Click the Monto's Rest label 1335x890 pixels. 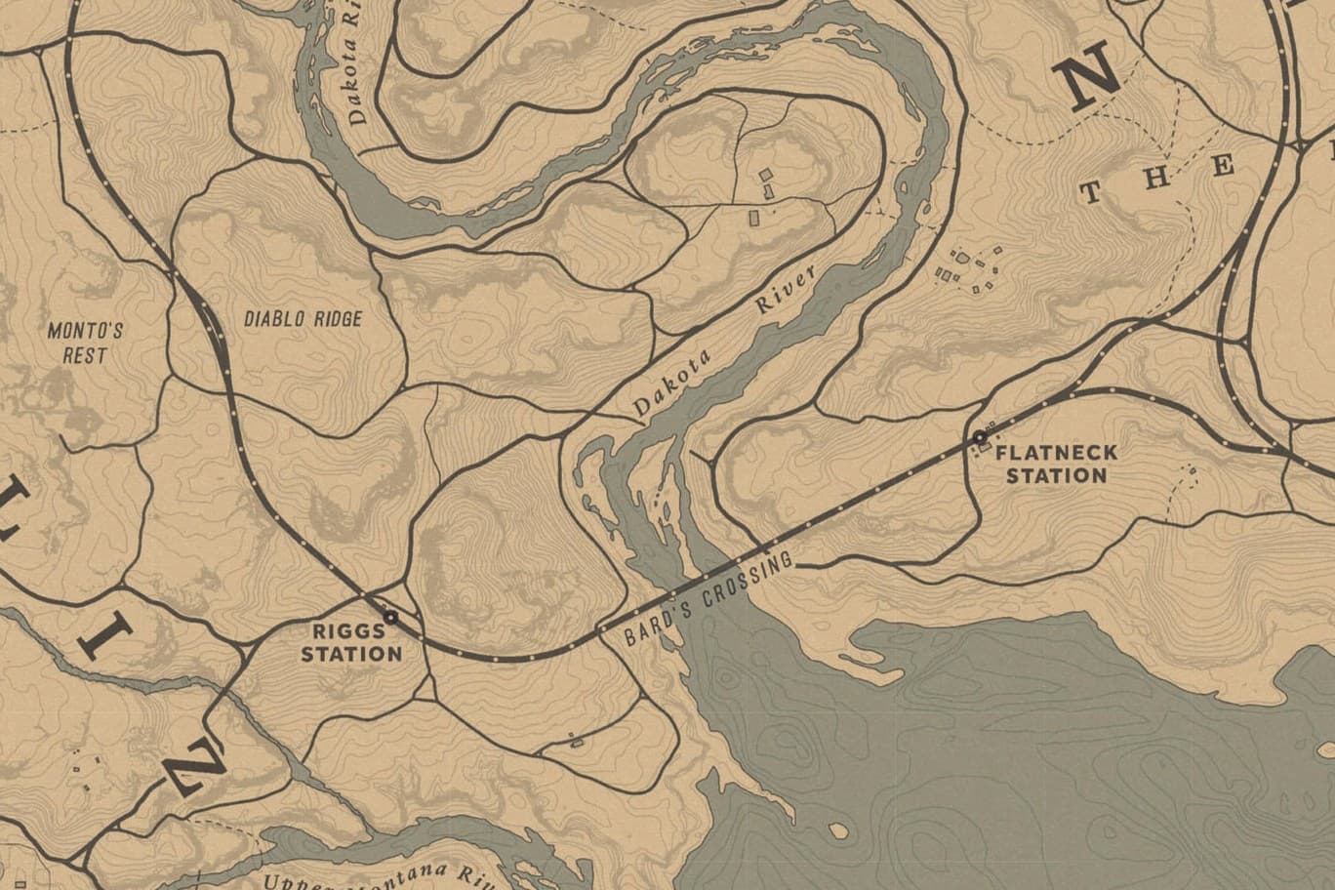(x=85, y=343)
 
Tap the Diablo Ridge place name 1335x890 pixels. (x=303, y=319)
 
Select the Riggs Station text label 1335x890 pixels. (x=350, y=643)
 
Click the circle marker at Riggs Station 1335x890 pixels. (x=390, y=617)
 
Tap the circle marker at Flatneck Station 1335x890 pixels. (x=979, y=437)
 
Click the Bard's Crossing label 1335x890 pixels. (x=708, y=598)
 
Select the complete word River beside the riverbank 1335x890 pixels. (x=786, y=290)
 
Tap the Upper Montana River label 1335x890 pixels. (x=371, y=876)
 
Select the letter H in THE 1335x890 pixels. (x=1158, y=178)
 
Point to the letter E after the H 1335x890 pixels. (x=1223, y=165)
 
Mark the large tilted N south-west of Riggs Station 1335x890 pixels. (x=197, y=764)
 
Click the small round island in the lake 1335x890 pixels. (x=836, y=830)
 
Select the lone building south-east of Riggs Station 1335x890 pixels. (x=577, y=743)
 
